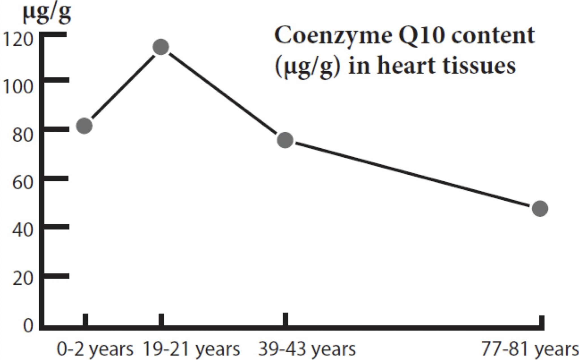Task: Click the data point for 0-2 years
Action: pyautogui.click(x=85, y=126)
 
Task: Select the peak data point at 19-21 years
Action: pyautogui.click(x=161, y=47)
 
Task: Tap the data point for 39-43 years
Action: pyautogui.click(x=285, y=140)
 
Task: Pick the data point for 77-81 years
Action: pyautogui.click(x=540, y=209)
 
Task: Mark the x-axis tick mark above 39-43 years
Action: pyautogui.click(x=286, y=320)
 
